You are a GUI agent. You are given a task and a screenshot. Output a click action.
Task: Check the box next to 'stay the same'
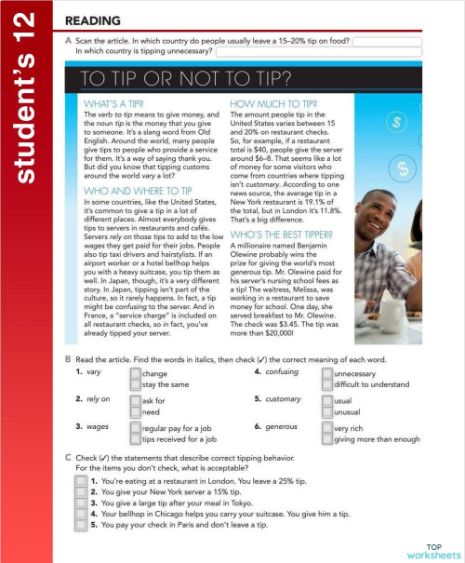point(136,383)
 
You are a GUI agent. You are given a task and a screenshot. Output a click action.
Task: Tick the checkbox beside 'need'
point(136,410)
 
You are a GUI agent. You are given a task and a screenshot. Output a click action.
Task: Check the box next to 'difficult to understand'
point(326,383)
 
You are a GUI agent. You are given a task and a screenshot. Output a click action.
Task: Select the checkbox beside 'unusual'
point(326,410)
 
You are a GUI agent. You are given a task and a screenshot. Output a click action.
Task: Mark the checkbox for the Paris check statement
point(81,524)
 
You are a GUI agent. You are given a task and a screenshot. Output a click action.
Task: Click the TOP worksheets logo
point(433,549)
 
